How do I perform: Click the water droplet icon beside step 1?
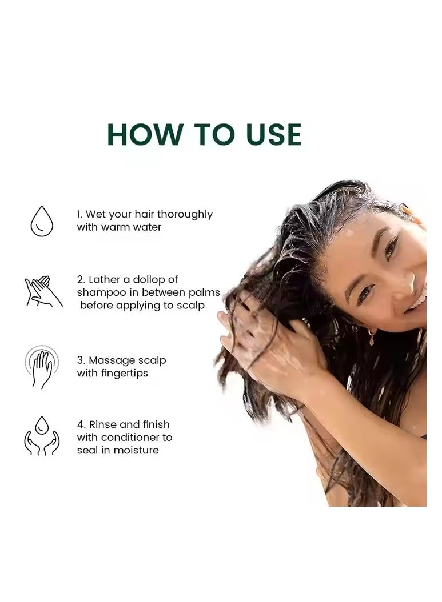(42, 221)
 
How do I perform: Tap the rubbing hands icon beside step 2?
(43, 292)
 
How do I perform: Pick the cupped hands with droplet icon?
(42, 436)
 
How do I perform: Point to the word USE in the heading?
(270, 134)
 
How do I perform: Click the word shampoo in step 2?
(100, 292)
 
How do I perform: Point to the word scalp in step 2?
(192, 305)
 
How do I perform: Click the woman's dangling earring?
(371, 338)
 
